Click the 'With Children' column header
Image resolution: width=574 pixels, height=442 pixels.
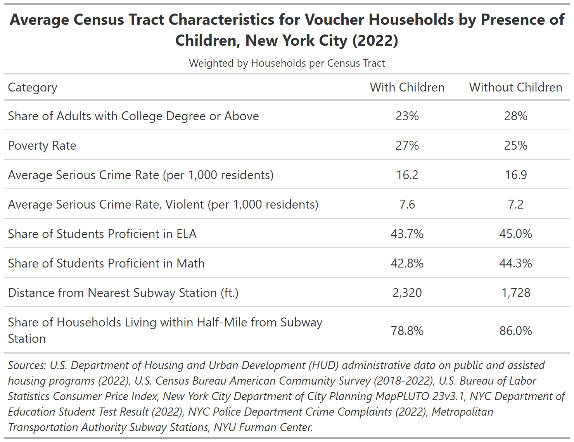[407, 87]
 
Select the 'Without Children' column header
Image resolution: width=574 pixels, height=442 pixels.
[515, 87]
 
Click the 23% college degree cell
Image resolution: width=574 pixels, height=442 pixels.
[407, 116]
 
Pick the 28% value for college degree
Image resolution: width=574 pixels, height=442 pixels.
[515, 116]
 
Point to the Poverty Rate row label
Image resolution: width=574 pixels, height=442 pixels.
[42, 145]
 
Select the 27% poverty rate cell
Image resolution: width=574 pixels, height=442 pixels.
[407, 145]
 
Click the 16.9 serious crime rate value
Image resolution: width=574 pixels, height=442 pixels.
[515, 175]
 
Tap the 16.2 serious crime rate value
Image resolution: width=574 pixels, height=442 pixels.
[407, 175]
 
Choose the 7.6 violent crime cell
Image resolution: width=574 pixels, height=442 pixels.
[407, 205]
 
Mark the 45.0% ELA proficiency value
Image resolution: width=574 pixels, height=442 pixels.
[515, 234]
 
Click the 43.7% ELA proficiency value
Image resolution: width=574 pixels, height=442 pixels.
[407, 234]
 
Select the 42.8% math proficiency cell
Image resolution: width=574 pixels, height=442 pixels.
[407, 264]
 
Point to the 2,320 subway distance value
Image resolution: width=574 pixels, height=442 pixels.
[407, 293]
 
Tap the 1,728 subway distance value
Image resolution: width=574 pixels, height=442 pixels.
[515, 293]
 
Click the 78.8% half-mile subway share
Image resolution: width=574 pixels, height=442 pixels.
[407, 331]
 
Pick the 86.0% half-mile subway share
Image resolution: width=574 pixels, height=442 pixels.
[515, 331]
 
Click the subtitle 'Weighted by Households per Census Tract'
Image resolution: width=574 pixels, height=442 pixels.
[287, 63]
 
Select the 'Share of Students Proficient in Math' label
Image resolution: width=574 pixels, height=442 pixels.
[106, 264]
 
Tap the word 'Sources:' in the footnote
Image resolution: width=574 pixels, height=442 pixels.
[27, 366]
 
